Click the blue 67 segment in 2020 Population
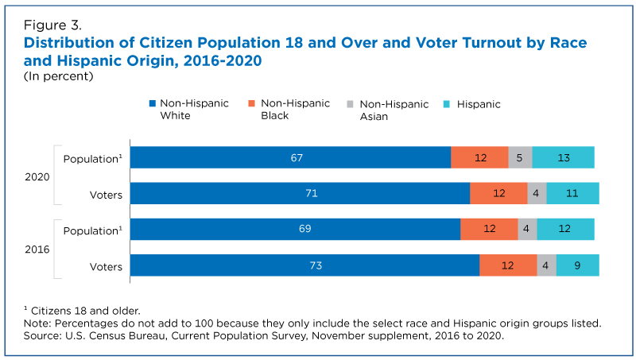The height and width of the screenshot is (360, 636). [290, 157]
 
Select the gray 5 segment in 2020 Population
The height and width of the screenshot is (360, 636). [520, 157]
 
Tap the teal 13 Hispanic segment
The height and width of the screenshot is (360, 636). [564, 157]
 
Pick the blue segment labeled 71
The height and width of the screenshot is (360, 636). [301, 193]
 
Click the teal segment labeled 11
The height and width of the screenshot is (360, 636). [572, 193]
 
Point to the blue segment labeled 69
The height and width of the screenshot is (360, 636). [295, 229]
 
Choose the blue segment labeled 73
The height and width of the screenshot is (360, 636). [305, 265]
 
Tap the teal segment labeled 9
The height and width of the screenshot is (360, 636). [578, 265]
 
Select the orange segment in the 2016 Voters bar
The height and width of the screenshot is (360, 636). [508, 265]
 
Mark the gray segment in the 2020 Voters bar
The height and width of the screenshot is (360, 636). [537, 193]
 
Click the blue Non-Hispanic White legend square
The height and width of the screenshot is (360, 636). [153, 103]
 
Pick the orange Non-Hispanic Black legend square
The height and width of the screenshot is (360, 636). [251, 103]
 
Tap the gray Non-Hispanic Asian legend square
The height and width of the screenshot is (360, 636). [350, 104]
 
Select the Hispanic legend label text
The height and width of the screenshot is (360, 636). [479, 104]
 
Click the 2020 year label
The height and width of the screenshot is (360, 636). [37, 177]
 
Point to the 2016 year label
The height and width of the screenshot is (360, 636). [37, 250]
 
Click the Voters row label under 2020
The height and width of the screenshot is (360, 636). [106, 195]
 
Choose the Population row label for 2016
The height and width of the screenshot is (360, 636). [92, 230]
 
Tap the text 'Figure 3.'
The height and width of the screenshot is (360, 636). [52, 25]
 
